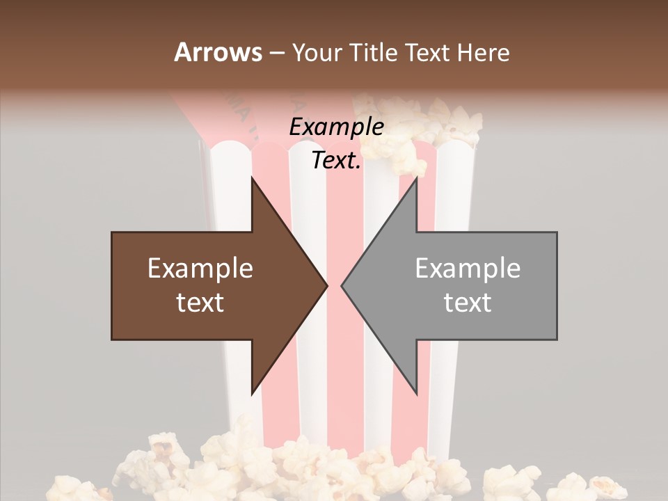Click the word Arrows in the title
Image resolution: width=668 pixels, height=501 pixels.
click(x=218, y=52)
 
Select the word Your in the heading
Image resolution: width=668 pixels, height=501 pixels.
click(x=316, y=53)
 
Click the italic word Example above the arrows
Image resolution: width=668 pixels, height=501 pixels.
click(x=337, y=127)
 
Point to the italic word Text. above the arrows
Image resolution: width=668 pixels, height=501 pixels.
click(x=337, y=161)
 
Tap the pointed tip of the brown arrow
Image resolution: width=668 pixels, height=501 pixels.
click(x=326, y=285)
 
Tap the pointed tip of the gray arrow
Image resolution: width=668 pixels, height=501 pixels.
click(x=343, y=285)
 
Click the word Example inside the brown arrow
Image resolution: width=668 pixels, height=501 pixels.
click(x=200, y=269)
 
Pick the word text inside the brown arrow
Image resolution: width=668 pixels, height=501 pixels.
click(x=200, y=303)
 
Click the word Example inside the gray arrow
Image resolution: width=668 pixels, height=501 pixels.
click(x=468, y=269)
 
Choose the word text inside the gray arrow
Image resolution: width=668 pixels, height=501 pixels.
click(x=468, y=303)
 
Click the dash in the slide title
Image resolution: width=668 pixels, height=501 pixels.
click(x=276, y=53)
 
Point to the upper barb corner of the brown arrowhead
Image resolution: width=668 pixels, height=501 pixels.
click(x=252, y=178)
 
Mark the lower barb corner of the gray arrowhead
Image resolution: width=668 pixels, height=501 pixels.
click(x=416, y=393)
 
